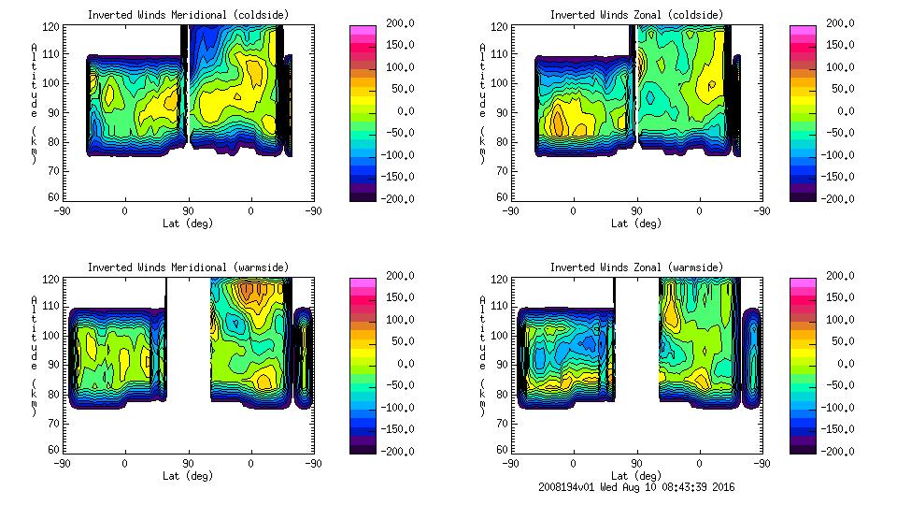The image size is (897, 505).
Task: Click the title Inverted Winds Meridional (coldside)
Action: [188, 15]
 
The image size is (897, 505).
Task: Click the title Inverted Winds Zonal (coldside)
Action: [635, 15]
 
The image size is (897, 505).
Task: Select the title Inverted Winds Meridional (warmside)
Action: [188, 267]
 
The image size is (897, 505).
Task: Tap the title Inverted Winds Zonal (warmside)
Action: [635, 267]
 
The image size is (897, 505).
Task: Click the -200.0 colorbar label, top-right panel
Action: [836, 198]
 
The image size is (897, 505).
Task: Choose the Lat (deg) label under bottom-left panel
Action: [187, 475]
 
